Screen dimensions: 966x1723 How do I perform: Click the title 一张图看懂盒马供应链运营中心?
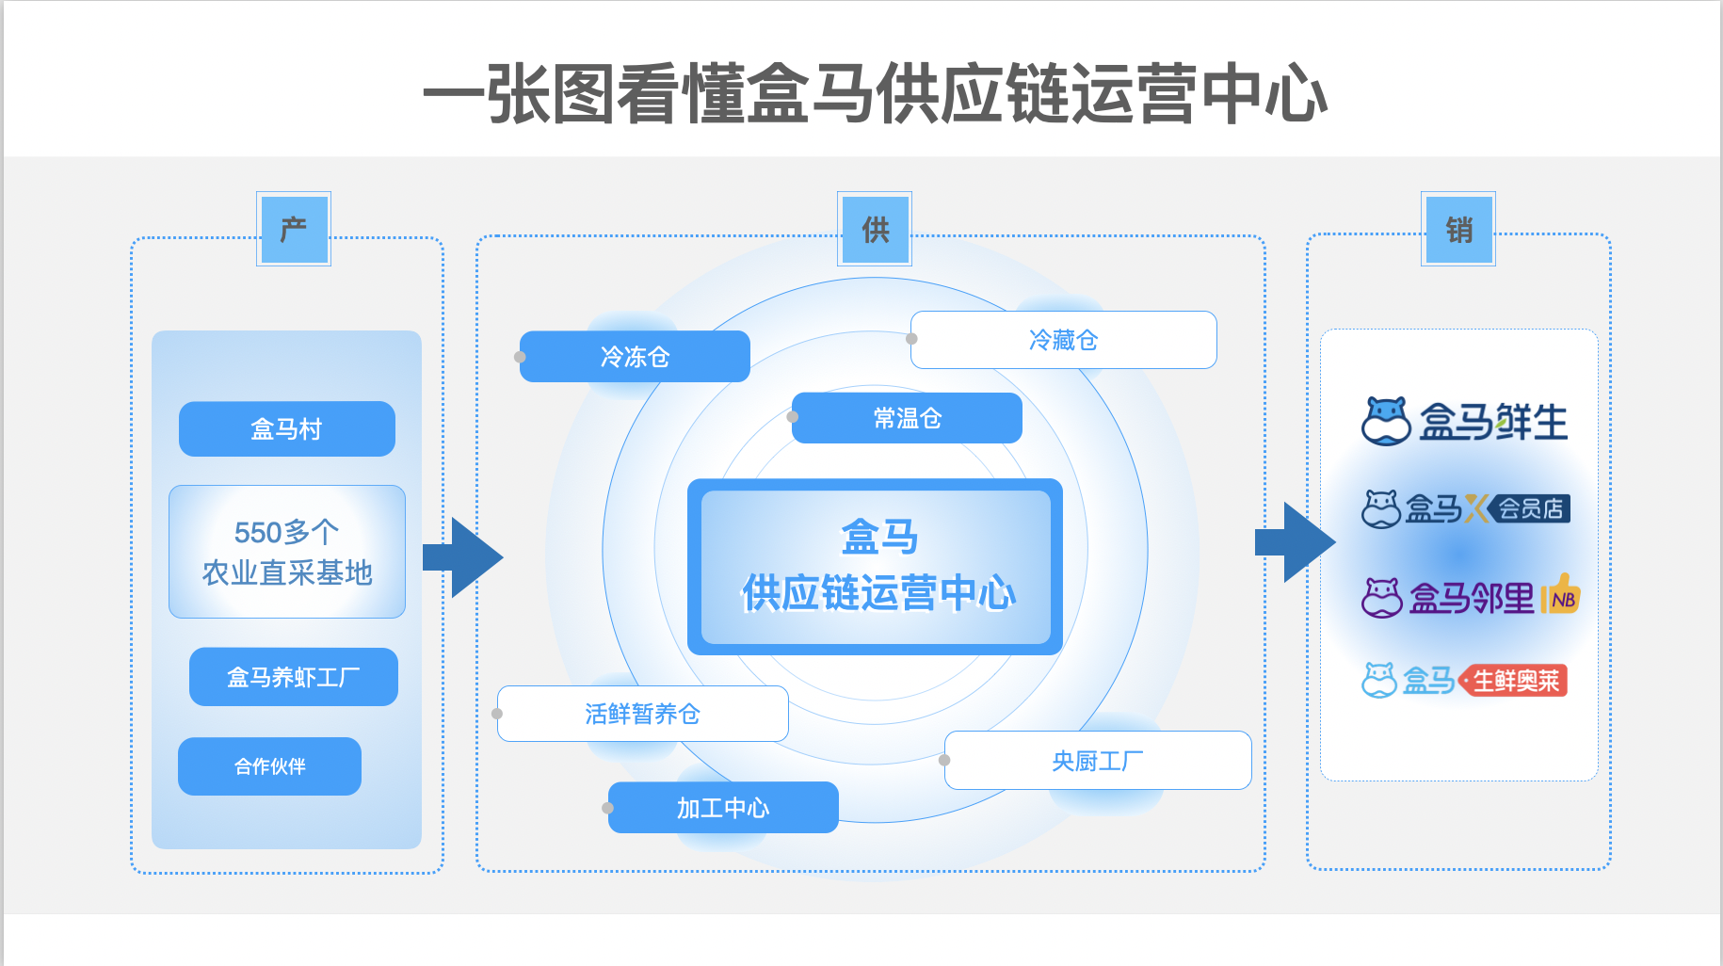coord(875,94)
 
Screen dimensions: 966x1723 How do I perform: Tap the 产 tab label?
coord(294,230)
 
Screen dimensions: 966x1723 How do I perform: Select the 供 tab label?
coord(875,230)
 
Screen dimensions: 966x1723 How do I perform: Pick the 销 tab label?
coord(1458,230)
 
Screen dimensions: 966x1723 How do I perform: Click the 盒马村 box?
coord(286,429)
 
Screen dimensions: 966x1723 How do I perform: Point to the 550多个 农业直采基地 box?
coord(286,552)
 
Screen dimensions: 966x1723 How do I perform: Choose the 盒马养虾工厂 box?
coord(293,677)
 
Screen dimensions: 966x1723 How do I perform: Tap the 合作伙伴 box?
coord(269,766)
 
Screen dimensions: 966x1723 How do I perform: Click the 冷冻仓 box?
coord(635,357)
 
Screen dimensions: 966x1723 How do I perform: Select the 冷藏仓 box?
coord(1063,340)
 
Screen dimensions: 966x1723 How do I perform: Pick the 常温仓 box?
coord(907,418)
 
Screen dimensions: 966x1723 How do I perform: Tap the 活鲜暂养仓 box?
coord(642,714)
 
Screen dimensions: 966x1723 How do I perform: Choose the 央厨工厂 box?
coord(1097,760)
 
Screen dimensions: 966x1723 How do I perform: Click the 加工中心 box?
coord(723,808)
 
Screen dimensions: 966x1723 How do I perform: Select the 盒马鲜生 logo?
coord(1464,421)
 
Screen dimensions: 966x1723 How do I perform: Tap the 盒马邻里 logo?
coord(1470,597)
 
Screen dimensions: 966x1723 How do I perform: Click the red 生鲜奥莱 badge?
coord(1515,681)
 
